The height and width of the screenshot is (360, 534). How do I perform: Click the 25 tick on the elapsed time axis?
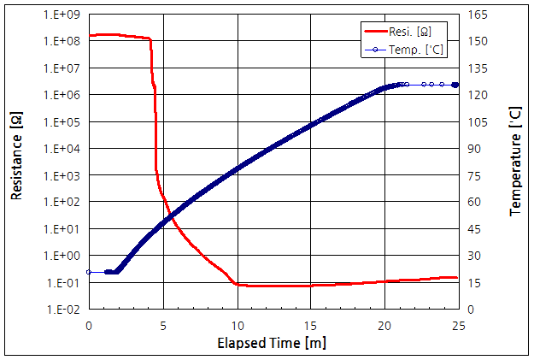pyautogui.click(x=459, y=326)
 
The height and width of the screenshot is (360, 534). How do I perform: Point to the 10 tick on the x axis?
pyautogui.click(x=237, y=326)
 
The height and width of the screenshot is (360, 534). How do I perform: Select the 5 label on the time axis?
pyautogui.click(x=163, y=326)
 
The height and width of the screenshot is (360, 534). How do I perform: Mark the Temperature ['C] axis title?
pyautogui.click(x=514, y=162)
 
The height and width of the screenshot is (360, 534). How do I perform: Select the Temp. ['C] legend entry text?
pyautogui.click(x=422, y=50)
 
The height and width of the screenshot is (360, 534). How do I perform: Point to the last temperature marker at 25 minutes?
pyautogui.click(x=455, y=85)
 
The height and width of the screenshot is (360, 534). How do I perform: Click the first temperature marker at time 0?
pyautogui.click(x=89, y=272)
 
